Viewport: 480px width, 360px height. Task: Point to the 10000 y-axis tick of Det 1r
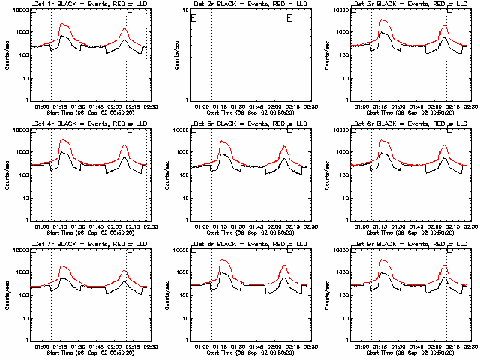pos(19,10)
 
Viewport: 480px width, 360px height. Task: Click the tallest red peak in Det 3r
pos(382,20)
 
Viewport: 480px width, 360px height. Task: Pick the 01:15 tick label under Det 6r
pos(385,226)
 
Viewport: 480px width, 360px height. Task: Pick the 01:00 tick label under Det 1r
pos(41,106)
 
